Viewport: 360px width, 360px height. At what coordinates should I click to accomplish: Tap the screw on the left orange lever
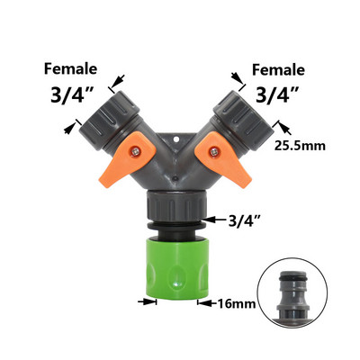[135, 152]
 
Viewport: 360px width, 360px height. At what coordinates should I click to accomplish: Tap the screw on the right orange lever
[214, 152]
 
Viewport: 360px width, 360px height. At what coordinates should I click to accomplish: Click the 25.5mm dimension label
[300, 146]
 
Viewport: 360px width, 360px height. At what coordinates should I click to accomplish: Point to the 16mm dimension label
[237, 303]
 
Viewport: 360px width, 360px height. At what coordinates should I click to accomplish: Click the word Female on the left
[70, 69]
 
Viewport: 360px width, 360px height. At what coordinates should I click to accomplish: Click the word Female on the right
[278, 70]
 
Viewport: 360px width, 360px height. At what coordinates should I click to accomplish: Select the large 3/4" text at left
[70, 94]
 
